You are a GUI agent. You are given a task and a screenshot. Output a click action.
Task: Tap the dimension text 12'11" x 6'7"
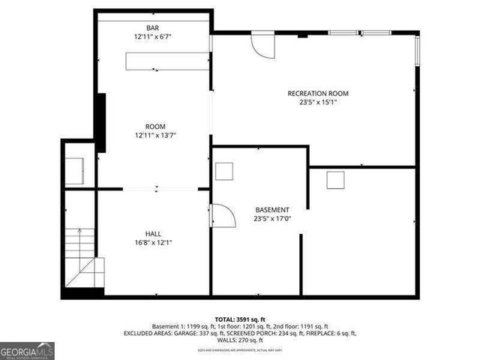[x=152, y=37]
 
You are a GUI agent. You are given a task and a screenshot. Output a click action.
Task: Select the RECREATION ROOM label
[x=318, y=94]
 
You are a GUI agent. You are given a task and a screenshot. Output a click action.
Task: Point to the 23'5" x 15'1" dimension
[x=318, y=102]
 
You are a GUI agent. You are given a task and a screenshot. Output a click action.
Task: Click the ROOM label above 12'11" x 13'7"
[x=155, y=126]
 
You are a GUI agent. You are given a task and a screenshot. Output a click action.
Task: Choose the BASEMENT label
[x=271, y=210]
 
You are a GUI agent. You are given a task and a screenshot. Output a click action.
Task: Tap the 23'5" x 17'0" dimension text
[x=271, y=219]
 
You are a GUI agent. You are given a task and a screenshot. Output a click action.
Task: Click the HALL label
[x=153, y=234]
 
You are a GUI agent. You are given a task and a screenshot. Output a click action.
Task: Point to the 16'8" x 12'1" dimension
[x=153, y=242]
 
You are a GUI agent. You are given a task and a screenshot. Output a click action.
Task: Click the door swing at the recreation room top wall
[x=263, y=45]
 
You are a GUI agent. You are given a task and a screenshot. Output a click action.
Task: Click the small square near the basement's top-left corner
[x=225, y=171]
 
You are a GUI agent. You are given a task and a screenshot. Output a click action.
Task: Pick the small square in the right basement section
[x=335, y=179]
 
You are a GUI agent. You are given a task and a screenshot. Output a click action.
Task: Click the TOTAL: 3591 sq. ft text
[x=239, y=319]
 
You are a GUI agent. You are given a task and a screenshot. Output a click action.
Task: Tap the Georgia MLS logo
[x=27, y=351]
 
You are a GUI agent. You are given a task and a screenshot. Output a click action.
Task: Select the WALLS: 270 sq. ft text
[x=240, y=340]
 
